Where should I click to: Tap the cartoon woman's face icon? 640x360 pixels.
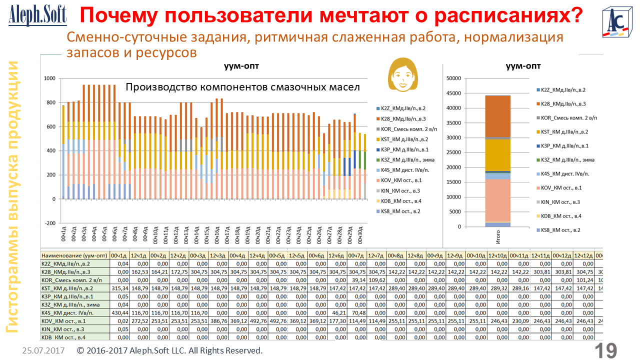[x=401, y=74]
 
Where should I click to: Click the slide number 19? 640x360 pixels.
[x=605, y=350]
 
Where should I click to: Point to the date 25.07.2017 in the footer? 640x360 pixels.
[x=43, y=351]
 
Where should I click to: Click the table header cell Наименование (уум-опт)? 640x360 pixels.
[x=74, y=255]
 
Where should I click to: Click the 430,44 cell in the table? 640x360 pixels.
[x=120, y=312]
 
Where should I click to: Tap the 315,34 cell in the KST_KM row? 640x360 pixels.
[x=120, y=288]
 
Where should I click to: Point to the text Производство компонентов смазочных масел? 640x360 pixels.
[x=242, y=86]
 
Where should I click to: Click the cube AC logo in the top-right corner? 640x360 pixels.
[x=616, y=22]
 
